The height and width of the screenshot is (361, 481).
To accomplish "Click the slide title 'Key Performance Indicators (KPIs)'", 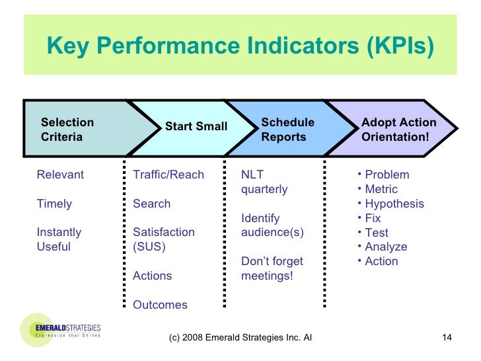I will [x=240, y=47].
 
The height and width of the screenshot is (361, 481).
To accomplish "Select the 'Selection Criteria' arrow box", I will [x=73, y=130].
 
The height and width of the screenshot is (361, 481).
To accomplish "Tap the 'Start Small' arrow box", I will [x=196, y=126].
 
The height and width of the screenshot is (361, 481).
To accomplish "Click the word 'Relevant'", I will [x=60, y=175].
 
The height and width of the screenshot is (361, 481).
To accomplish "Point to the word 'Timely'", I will [x=54, y=204].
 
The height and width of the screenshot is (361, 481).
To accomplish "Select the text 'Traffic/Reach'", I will [x=168, y=175].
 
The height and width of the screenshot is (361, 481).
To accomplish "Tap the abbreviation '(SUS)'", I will [x=149, y=247].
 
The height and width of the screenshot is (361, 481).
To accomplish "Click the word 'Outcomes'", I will [x=160, y=305].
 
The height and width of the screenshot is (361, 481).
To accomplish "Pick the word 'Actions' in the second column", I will [x=152, y=276].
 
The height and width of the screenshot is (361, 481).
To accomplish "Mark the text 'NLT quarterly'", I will [x=264, y=182].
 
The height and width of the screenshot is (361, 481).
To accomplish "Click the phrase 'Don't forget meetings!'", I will [x=272, y=268].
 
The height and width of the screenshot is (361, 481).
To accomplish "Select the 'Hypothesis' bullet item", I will [x=394, y=204].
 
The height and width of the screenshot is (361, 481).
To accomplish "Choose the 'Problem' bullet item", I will [x=387, y=175].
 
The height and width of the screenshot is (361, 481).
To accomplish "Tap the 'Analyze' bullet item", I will [x=386, y=247].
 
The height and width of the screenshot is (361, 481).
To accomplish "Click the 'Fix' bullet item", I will [x=373, y=218].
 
